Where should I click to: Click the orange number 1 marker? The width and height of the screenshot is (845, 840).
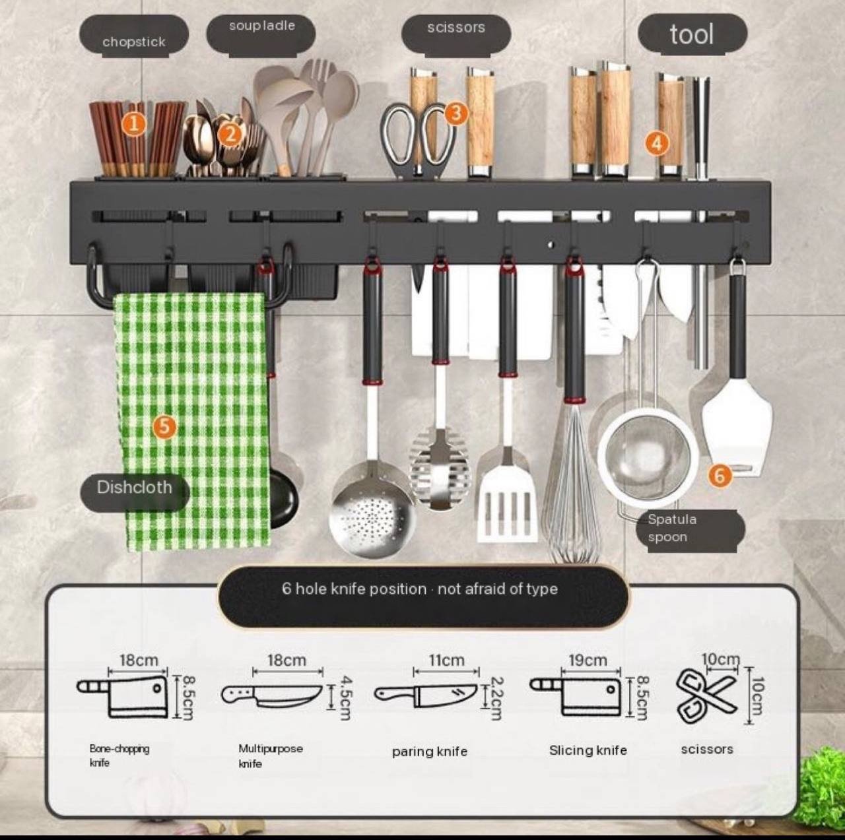[x=134, y=125]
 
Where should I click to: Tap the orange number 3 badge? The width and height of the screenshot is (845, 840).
[x=456, y=113]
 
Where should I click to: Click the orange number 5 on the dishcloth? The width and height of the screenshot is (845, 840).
[x=164, y=426]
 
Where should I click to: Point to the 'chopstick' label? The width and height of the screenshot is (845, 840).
[x=134, y=42]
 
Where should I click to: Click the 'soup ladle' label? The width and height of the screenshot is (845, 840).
[x=262, y=26]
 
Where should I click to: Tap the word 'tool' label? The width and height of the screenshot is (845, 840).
[x=692, y=34]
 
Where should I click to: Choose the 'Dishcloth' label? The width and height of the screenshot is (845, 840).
[x=134, y=487]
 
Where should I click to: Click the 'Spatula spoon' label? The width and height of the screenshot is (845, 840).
[x=672, y=528]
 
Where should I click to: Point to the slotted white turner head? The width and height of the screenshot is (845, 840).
[x=508, y=504]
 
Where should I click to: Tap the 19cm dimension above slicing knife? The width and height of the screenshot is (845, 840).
[x=588, y=660]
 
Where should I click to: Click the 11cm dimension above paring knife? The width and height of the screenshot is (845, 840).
[x=446, y=660]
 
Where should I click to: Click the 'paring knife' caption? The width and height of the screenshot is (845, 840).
[x=430, y=752]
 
